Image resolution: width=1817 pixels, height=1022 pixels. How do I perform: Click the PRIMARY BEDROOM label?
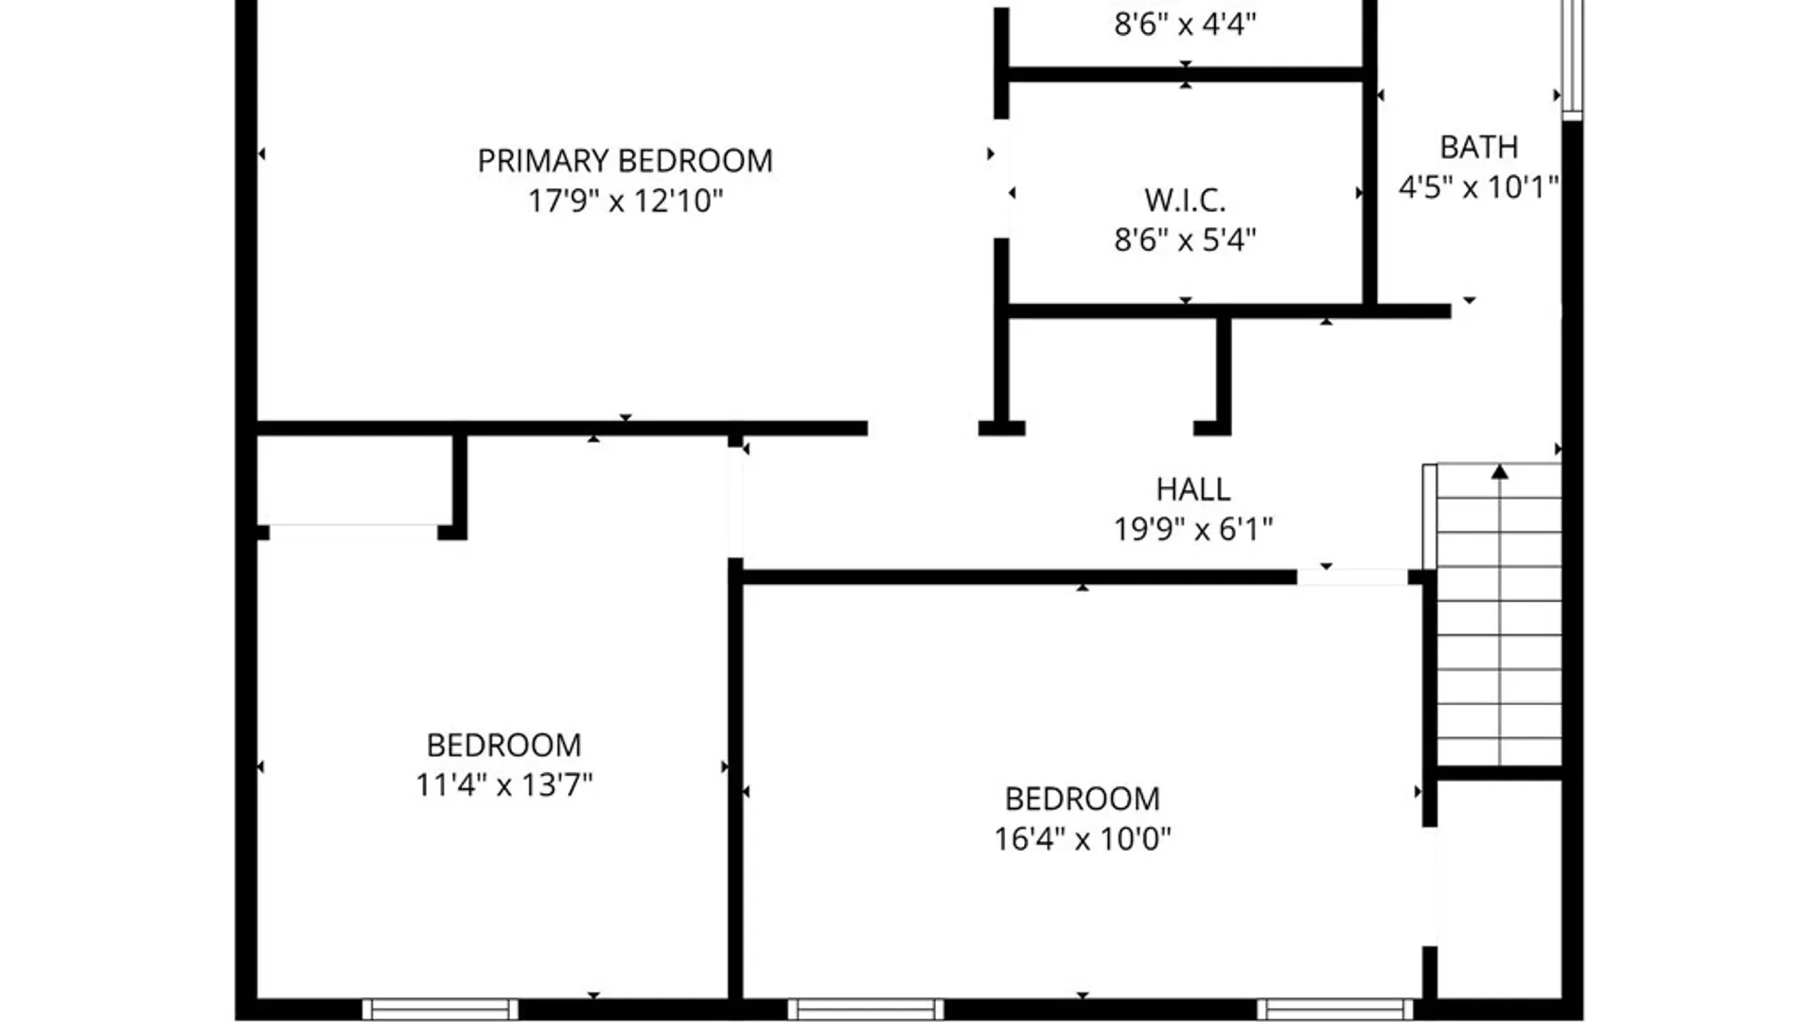[x=625, y=161]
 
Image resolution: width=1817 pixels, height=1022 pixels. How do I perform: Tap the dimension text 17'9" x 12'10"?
[x=625, y=201]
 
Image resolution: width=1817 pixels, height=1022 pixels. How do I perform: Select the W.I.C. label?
[x=1185, y=200]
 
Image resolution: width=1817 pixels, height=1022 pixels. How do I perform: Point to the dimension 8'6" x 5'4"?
[x=1185, y=239]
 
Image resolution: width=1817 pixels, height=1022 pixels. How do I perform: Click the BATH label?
[x=1478, y=147]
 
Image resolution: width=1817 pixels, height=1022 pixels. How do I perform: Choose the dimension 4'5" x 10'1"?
[x=1478, y=186]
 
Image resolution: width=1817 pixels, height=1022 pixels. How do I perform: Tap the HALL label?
[x=1192, y=489]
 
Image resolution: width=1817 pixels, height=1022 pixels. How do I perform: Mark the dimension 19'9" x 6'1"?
[x=1192, y=529]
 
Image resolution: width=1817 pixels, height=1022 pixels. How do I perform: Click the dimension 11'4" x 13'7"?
[x=503, y=784]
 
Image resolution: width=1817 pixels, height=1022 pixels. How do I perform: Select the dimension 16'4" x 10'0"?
[x=1082, y=838]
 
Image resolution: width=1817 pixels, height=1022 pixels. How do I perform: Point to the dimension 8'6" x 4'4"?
[x=1185, y=24]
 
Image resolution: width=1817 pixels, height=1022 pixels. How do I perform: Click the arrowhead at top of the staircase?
[x=1499, y=471]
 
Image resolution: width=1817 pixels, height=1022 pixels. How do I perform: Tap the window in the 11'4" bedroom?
[x=440, y=1009]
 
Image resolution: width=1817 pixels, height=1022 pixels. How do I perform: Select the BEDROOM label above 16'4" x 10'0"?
[x=1082, y=799]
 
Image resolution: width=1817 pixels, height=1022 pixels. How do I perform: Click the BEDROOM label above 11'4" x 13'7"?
[x=503, y=745]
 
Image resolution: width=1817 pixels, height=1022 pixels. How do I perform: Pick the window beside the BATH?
[x=1571, y=57]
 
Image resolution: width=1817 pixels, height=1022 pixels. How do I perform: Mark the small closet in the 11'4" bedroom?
[x=355, y=480]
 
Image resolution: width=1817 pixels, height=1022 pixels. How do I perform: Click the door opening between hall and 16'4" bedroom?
[x=1351, y=577]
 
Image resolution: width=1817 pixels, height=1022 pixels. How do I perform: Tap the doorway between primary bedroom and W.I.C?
[x=1001, y=180]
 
